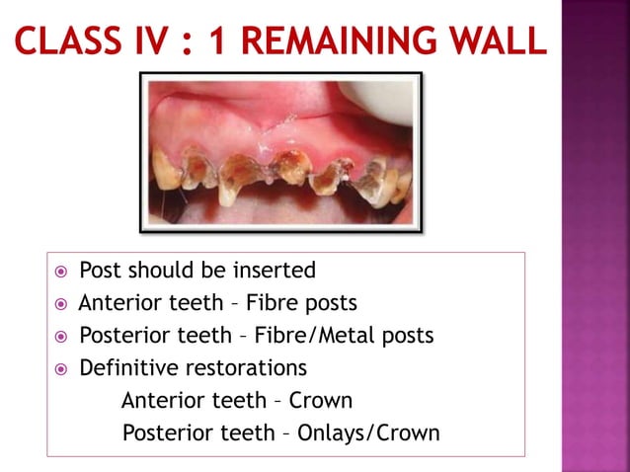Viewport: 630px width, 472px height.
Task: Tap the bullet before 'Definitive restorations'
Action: [62, 369]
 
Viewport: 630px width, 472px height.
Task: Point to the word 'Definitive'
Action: [125, 368]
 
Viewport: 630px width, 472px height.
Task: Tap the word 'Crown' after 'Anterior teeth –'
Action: [321, 401]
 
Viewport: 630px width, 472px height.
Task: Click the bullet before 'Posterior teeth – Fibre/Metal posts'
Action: [62, 337]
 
